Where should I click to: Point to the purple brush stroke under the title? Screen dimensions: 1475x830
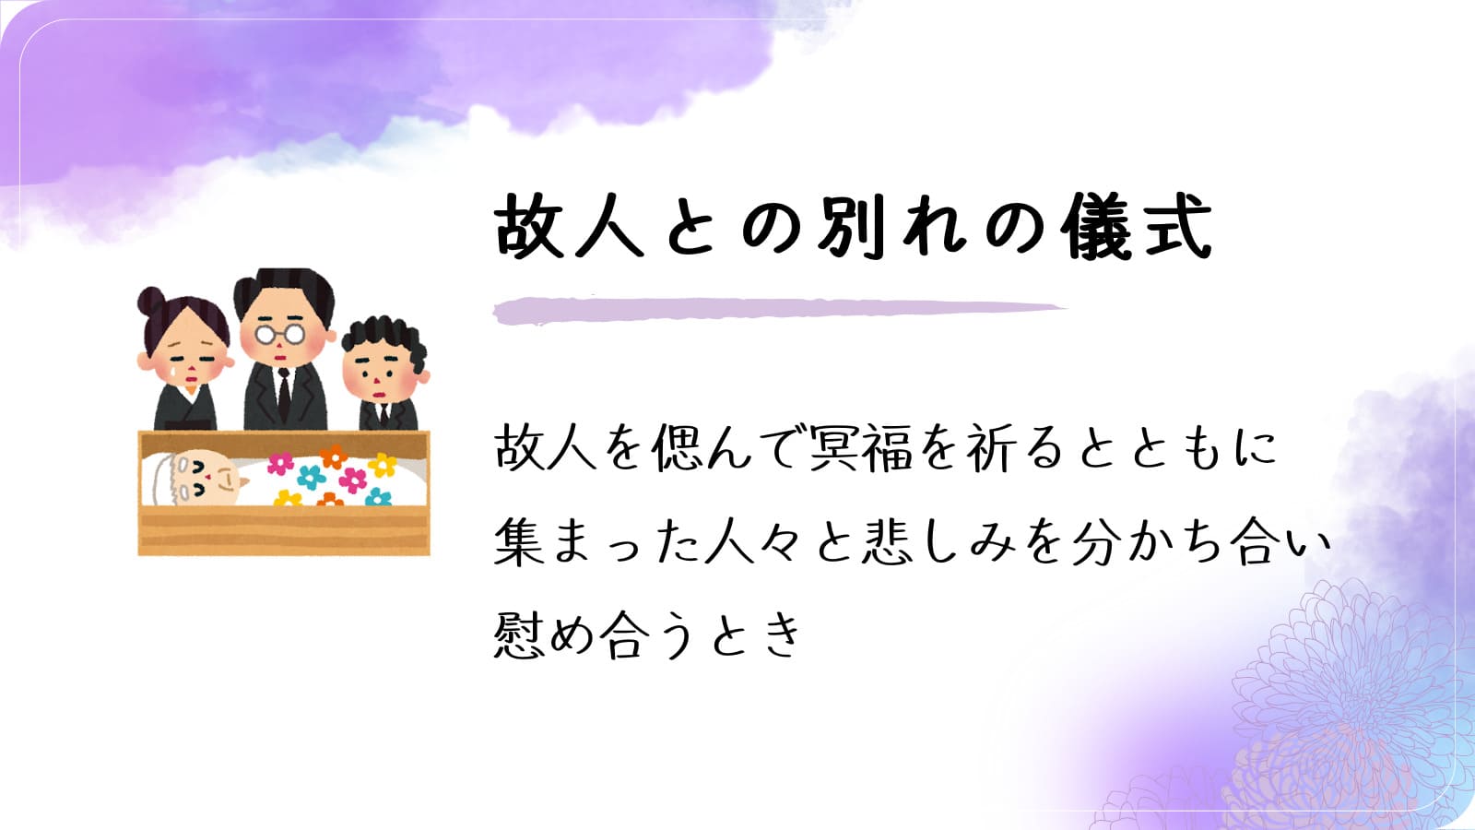[x=779, y=311]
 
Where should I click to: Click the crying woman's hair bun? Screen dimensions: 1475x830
[x=151, y=302]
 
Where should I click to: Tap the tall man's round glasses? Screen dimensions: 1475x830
[x=280, y=335]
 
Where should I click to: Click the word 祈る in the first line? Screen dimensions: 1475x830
[x=1014, y=448]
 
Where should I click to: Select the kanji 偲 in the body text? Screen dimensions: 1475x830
[x=677, y=448]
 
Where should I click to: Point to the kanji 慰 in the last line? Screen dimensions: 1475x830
[x=519, y=635]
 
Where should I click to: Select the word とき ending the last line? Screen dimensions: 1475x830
[x=757, y=635]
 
